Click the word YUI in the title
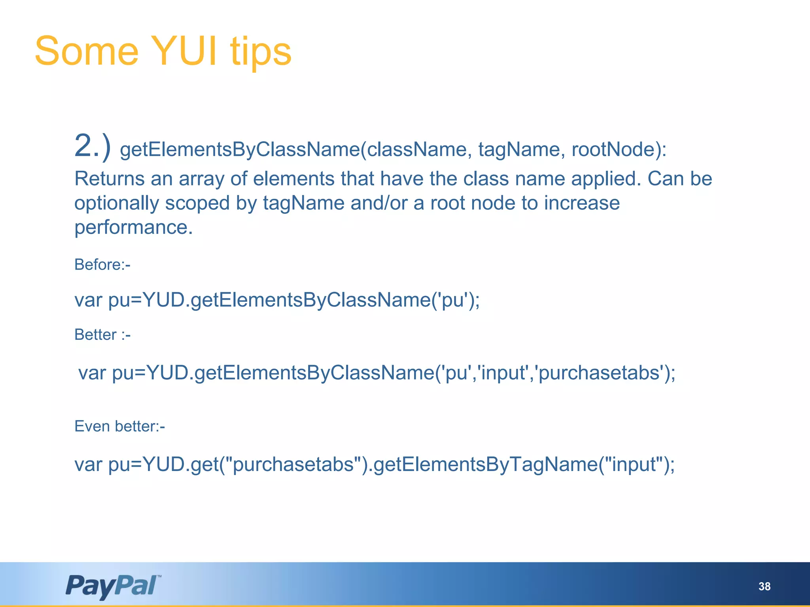click(x=184, y=51)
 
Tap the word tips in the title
click(x=261, y=52)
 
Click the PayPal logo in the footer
click(x=113, y=586)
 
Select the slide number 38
click(x=764, y=586)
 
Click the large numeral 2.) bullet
click(x=93, y=147)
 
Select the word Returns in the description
click(x=110, y=179)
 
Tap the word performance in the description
click(x=133, y=228)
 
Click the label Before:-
click(x=102, y=264)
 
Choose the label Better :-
click(x=102, y=335)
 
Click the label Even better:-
click(x=119, y=426)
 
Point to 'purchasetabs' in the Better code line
click(x=600, y=373)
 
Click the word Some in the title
click(x=87, y=51)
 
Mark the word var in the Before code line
click(x=89, y=300)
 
